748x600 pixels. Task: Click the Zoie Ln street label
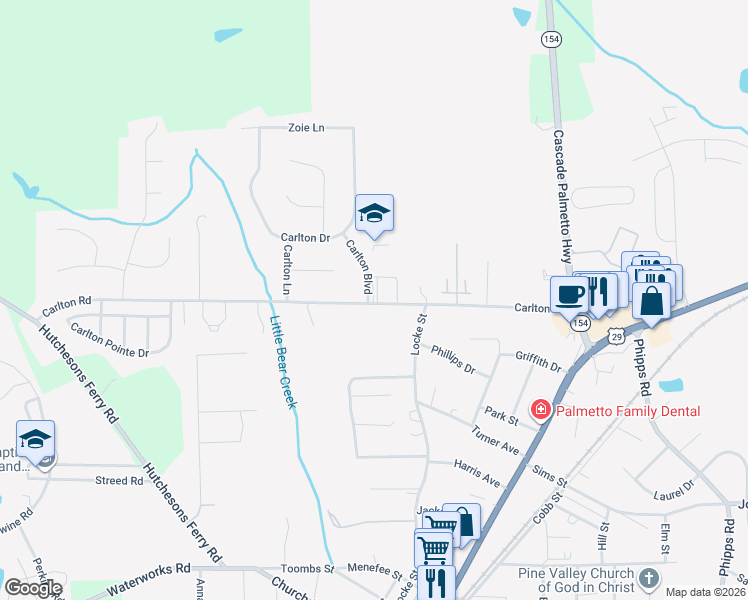307,128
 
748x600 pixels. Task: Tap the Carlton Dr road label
305,238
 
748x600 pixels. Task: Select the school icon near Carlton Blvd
374,213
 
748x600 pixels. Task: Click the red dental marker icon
540,410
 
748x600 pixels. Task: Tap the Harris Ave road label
476,474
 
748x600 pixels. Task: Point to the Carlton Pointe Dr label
109,339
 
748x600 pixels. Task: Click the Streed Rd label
119,480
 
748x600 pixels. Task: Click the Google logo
33,588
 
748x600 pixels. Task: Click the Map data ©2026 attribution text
704,592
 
